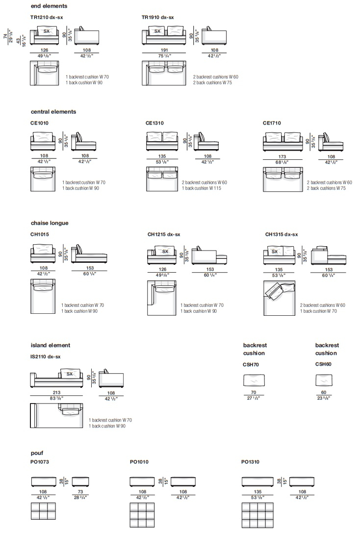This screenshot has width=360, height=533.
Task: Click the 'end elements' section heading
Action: [x=49, y=6]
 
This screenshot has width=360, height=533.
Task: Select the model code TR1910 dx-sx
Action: [x=157, y=17]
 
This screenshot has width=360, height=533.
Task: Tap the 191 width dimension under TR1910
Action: [x=164, y=50]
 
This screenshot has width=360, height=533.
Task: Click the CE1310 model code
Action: [x=154, y=123]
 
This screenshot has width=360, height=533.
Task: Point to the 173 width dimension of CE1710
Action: [x=282, y=157]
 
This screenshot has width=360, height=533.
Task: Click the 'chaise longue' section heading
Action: [x=50, y=223]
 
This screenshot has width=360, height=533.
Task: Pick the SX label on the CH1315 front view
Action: [x=274, y=252]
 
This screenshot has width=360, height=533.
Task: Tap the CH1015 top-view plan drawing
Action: [x=43, y=296]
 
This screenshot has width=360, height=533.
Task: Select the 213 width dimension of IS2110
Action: [x=56, y=392]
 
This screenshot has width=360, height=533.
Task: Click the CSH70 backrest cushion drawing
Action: [x=254, y=380]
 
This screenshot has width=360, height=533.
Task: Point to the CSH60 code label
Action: [x=323, y=364]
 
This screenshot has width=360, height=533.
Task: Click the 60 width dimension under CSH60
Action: [x=324, y=392]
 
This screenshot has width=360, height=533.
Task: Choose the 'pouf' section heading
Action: [x=37, y=453]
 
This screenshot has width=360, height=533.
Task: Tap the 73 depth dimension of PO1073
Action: [x=80, y=491]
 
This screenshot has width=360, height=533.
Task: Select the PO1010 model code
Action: [x=139, y=462]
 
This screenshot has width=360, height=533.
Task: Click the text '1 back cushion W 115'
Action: [x=201, y=188]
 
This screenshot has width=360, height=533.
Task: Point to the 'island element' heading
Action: [x=51, y=345]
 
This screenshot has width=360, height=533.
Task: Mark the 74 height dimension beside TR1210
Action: [x=5, y=36]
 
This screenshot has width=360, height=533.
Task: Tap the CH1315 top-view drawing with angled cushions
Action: [x=279, y=298]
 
